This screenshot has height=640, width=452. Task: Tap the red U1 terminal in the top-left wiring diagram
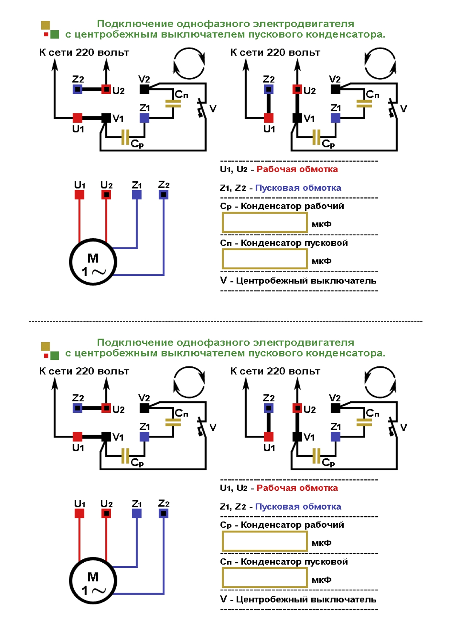pyautogui.click(x=77, y=118)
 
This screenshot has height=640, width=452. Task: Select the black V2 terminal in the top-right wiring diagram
pyautogui.click(x=335, y=89)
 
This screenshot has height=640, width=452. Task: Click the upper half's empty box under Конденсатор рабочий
pyautogui.click(x=265, y=223)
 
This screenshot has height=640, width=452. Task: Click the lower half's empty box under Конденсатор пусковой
pyautogui.click(x=265, y=578)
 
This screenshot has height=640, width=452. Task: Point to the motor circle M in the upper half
pyautogui.click(x=93, y=262)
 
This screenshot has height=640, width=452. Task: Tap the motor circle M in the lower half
pyautogui.click(x=93, y=581)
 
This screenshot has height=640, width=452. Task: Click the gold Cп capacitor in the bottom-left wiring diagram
pyautogui.click(x=173, y=423)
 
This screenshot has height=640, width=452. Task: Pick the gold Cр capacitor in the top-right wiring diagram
pyautogui.click(x=316, y=138)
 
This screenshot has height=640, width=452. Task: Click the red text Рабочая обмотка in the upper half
pyautogui.click(x=297, y=169)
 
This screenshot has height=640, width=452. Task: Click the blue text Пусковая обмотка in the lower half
pyautogui.click(x=298, y=506)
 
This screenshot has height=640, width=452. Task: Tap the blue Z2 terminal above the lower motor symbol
pyautogui.click(x=164, y=514)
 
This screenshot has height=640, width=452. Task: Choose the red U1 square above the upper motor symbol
pyautogui.click(x=79, y=195)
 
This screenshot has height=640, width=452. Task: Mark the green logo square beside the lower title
pyautogui.click(x=54, y=355)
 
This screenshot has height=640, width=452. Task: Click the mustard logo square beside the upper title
pyautogui.click(x=46, y=25)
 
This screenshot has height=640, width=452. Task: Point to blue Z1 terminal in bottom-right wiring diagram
pyautogui.click(x=335, y=437)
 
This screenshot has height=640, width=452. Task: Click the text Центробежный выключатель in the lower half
pyautogui.click(x=306, y=599)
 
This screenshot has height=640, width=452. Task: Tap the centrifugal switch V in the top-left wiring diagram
pyautogui.click(x=201, y=108)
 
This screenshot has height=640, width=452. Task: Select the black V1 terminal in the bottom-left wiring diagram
pyautogui.click(x=106, y=437)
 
